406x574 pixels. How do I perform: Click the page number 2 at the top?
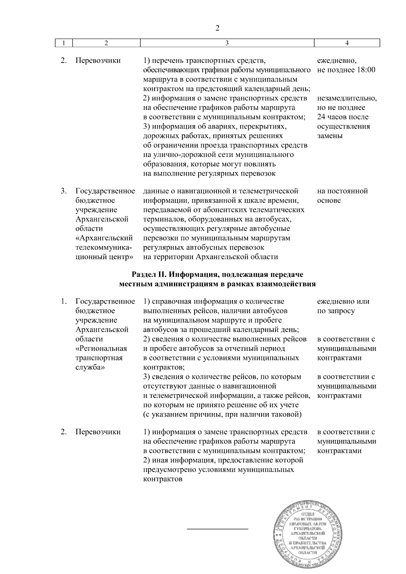218,28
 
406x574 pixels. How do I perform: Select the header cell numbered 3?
227,43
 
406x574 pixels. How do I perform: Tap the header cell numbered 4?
347,43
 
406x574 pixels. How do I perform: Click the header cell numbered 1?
64,43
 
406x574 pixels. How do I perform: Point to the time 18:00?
366,70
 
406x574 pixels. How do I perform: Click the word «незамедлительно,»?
347,98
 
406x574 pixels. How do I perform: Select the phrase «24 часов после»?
343,117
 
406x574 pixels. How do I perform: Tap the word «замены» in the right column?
330,136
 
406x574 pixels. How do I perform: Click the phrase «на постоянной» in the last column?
342,191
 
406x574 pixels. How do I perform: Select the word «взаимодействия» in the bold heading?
290,284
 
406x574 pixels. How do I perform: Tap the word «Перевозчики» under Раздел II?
98,432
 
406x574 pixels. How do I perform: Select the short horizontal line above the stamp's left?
218,528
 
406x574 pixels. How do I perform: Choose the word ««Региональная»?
101,348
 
